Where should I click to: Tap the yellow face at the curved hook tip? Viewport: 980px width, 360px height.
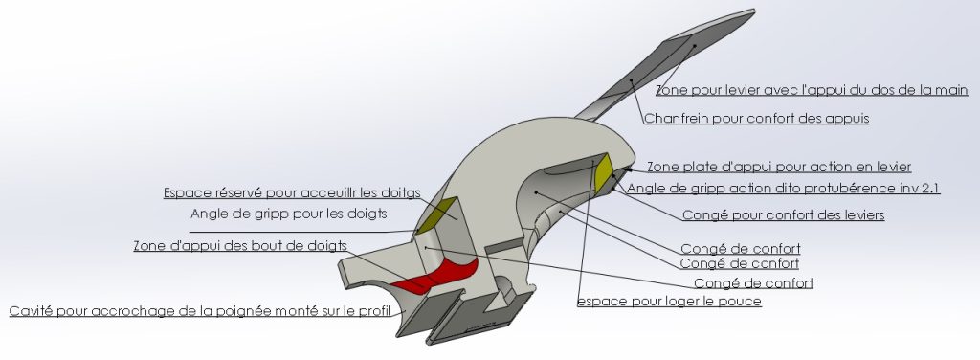(x=604, y=172)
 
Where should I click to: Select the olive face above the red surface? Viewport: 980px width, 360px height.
(x=435, y=214)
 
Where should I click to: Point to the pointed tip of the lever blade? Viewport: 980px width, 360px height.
(x=753, y=11)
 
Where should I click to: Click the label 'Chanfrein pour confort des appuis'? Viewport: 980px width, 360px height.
(x=756, y=118)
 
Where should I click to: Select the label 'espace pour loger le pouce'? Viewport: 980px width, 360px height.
(x=669, y=302)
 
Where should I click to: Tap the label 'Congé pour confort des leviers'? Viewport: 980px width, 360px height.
(x=783, y=215)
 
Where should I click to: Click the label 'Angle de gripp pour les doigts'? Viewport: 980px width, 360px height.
(x=289, y=214)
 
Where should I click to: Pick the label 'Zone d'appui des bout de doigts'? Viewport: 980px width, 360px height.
(x=240, y=246)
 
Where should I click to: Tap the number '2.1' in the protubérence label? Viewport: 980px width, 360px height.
(x=930, y=188)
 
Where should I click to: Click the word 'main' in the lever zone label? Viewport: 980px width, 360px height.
(x=950, y=90)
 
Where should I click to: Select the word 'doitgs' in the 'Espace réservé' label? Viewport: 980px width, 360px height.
(x=400, y=192)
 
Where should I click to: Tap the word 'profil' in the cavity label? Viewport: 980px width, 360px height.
(x=374, y=310)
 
